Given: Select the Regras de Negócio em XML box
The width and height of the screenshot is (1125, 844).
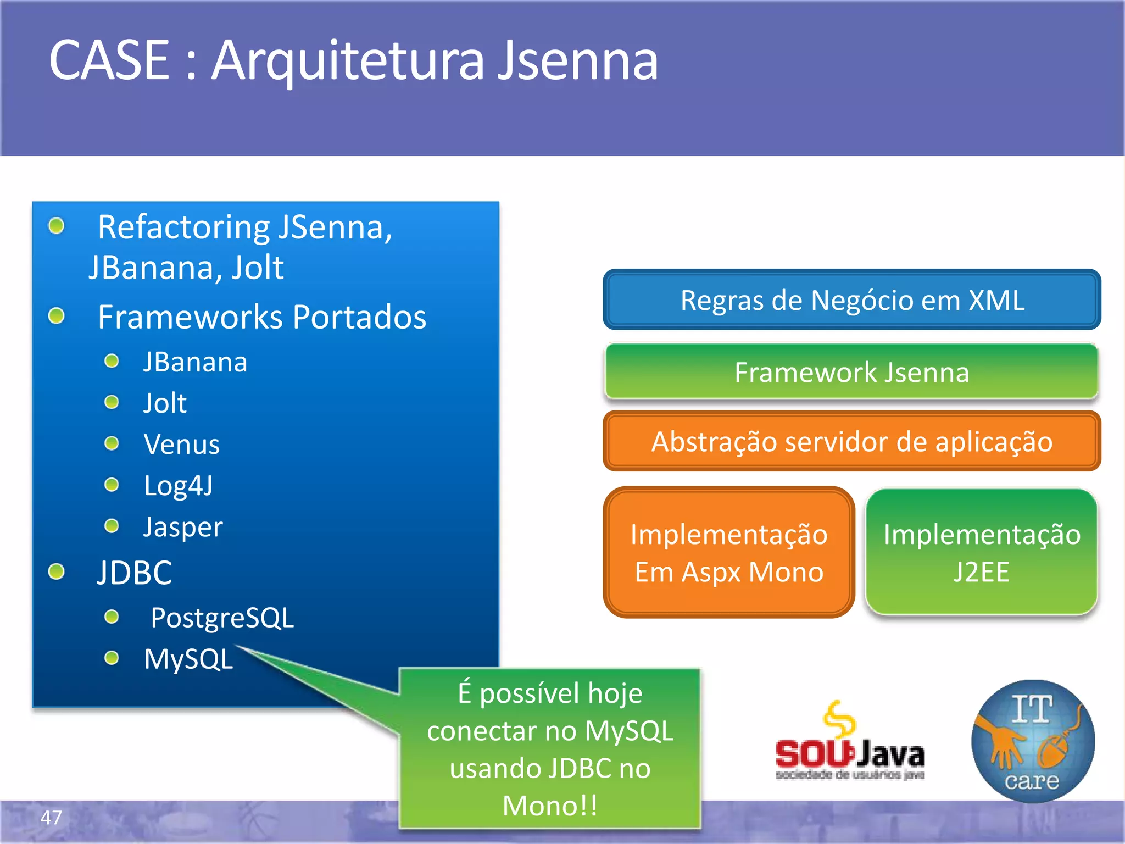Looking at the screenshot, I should (851, 300).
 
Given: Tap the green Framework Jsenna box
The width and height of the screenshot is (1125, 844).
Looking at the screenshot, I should (851, 372).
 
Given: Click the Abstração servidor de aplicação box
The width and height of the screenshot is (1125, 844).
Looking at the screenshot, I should (851, 441).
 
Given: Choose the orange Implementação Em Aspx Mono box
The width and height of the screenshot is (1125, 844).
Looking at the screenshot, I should (728, 552).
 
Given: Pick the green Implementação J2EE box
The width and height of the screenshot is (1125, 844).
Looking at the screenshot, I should (981, 552).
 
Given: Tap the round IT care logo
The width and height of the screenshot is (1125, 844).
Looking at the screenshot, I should (1033, 742).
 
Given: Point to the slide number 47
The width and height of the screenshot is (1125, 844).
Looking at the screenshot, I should (51, 818).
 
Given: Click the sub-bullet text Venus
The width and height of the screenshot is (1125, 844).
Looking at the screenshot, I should (181, 444).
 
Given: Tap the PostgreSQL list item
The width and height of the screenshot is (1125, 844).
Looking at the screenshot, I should (222, 618).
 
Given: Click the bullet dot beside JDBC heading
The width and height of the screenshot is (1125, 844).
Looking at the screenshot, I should (57, 572).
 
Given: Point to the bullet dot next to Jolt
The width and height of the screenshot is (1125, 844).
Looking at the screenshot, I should (112, 402).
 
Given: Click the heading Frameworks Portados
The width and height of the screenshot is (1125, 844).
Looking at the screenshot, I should (261, 317).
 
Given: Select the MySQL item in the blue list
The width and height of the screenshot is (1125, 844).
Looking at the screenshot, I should (188, 659).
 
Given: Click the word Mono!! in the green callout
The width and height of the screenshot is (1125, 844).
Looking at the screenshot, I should (550, 806).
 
